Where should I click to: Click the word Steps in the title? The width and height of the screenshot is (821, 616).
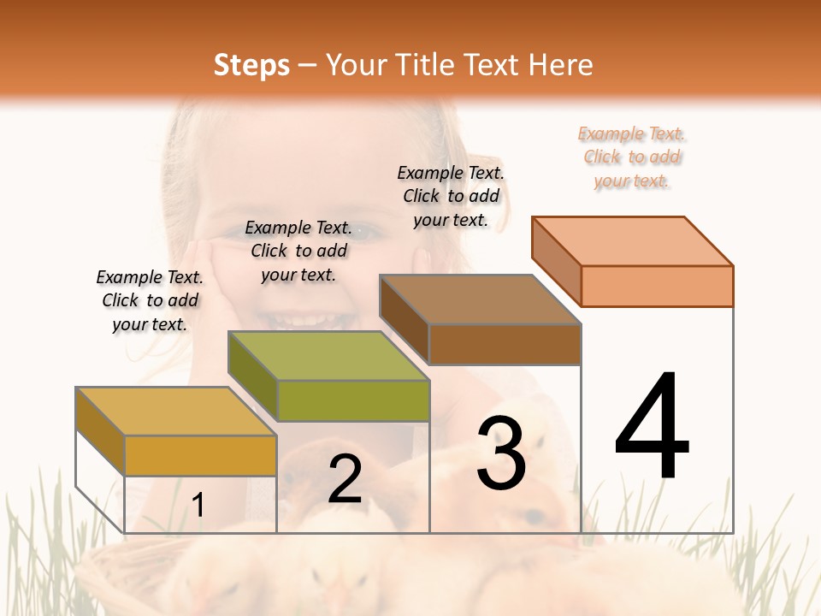(251, 65)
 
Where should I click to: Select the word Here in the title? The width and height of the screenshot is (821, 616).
(561, 65)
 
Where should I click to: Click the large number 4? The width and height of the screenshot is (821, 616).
(652, 427)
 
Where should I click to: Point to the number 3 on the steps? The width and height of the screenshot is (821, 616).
(501, 454)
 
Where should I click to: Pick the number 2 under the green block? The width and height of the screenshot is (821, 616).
(345, 479)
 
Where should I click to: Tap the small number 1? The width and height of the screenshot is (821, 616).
(198, 506)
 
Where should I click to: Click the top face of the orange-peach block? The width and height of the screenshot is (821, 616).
(632, 240)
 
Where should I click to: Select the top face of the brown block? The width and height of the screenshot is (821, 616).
(480, 299)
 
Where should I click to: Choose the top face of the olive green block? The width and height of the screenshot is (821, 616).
(328, 356)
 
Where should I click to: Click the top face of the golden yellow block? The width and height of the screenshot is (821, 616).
(176, 412)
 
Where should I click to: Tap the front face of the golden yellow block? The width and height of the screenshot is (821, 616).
(200, 455)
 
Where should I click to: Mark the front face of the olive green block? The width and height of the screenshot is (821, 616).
(353, 400)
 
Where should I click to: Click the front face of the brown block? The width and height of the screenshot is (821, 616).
(505, 344)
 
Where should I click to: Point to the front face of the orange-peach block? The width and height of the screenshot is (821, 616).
(657, 286)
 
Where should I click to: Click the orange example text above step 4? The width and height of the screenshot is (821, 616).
(632, 157)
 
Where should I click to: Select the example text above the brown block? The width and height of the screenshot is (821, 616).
(451, 196)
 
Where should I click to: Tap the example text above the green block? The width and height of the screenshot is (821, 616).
(298, 251)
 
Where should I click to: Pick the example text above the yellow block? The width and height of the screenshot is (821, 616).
(150, 300)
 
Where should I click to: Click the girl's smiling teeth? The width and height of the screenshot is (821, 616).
(295, 320)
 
